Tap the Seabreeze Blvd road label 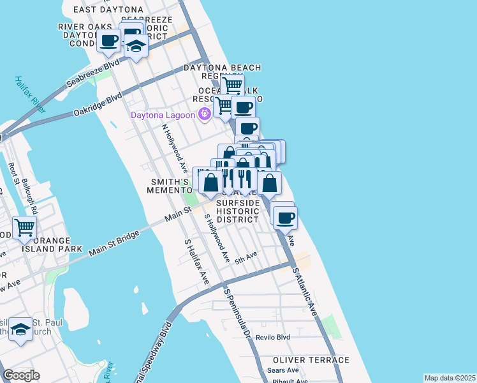point(93,73)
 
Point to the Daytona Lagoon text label point(164,116)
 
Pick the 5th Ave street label point(245,256)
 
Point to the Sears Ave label point(283,370)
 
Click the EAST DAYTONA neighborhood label point(108,10)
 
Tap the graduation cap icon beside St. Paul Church point(21,329)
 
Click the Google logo point(21,375)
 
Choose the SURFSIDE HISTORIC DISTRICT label point(237,211)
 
